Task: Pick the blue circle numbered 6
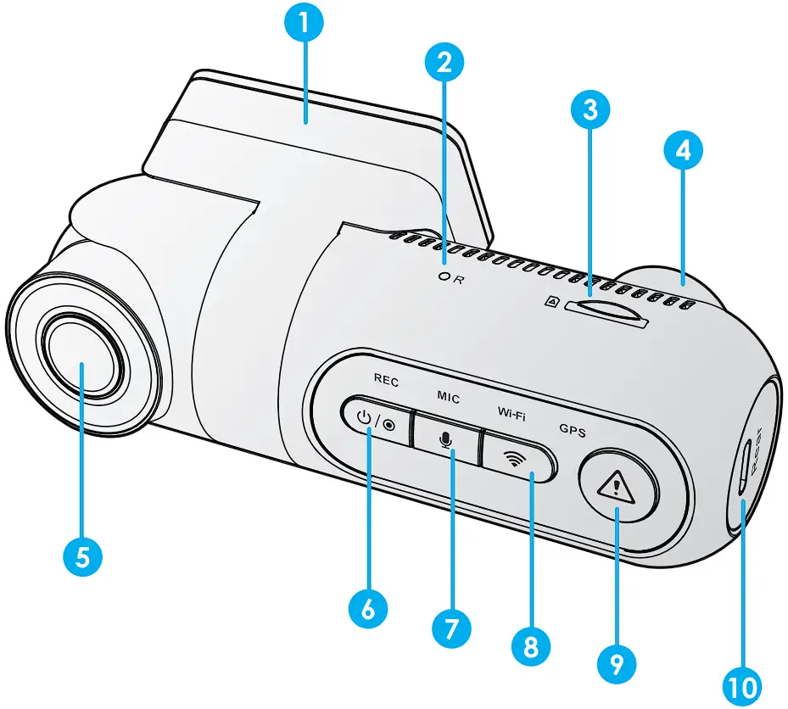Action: click(x=367, y=608)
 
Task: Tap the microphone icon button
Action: click(x=446, y=431)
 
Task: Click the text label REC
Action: click(x=385, y=382)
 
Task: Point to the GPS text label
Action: click(x=572, y=430)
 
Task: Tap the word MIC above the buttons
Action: click(x=449, y=398)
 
